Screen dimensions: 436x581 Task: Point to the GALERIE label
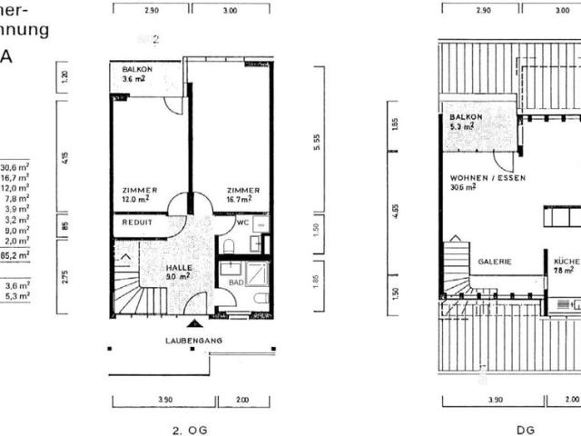[x=495, y=262]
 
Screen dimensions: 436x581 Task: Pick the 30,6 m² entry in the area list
[x=15, y=167]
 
